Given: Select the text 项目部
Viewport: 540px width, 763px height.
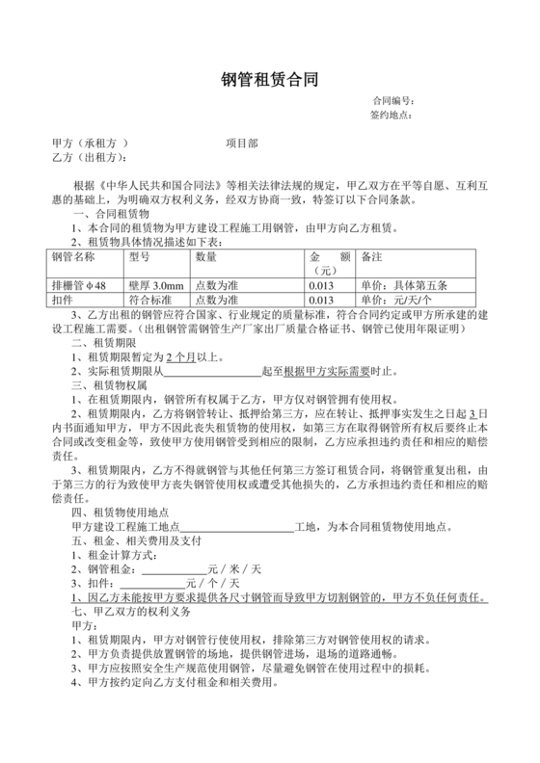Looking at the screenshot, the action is (x=242, y=142).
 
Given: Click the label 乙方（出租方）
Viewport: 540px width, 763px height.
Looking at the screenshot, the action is (x=93, y=156).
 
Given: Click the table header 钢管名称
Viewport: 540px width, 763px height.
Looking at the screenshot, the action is (x=73, y=257).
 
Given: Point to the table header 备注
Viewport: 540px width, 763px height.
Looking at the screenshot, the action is (x=370, y=257).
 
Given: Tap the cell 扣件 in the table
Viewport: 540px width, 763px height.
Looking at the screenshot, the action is (x=64, y=300).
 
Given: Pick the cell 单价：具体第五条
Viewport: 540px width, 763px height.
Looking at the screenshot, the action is (x=402, y=286).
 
